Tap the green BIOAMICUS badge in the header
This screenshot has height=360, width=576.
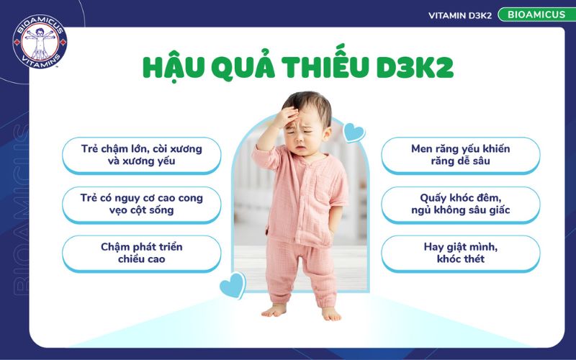[534, 14]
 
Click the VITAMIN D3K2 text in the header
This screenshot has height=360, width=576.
[460, 14]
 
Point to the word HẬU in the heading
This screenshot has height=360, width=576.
[172, 66]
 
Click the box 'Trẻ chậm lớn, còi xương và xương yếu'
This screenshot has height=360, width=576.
[141, 155]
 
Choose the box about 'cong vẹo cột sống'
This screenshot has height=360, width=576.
[141, 204]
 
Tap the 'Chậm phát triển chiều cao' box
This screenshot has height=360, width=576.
[141, 253]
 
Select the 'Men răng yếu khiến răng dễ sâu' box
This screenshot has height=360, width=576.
[460, 155]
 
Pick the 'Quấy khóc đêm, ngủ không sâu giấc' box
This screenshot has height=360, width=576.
[460, 204]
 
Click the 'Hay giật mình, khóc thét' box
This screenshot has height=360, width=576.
[460, 253]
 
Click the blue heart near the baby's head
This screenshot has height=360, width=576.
[353, 132]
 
